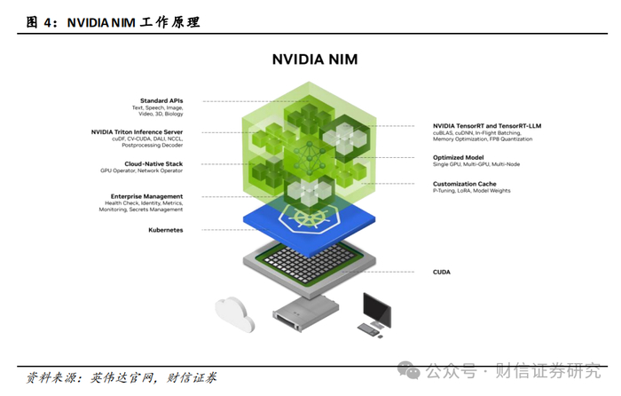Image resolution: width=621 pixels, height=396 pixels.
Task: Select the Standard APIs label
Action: [x=161, y=100]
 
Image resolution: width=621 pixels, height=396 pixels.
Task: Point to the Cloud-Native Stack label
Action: [x=153, y=163]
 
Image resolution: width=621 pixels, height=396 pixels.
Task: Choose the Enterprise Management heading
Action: [x=147, y=195]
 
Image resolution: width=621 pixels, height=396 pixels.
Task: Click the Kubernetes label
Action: [x=165, y=229]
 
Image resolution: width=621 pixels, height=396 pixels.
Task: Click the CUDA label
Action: [x=441, y=272]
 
